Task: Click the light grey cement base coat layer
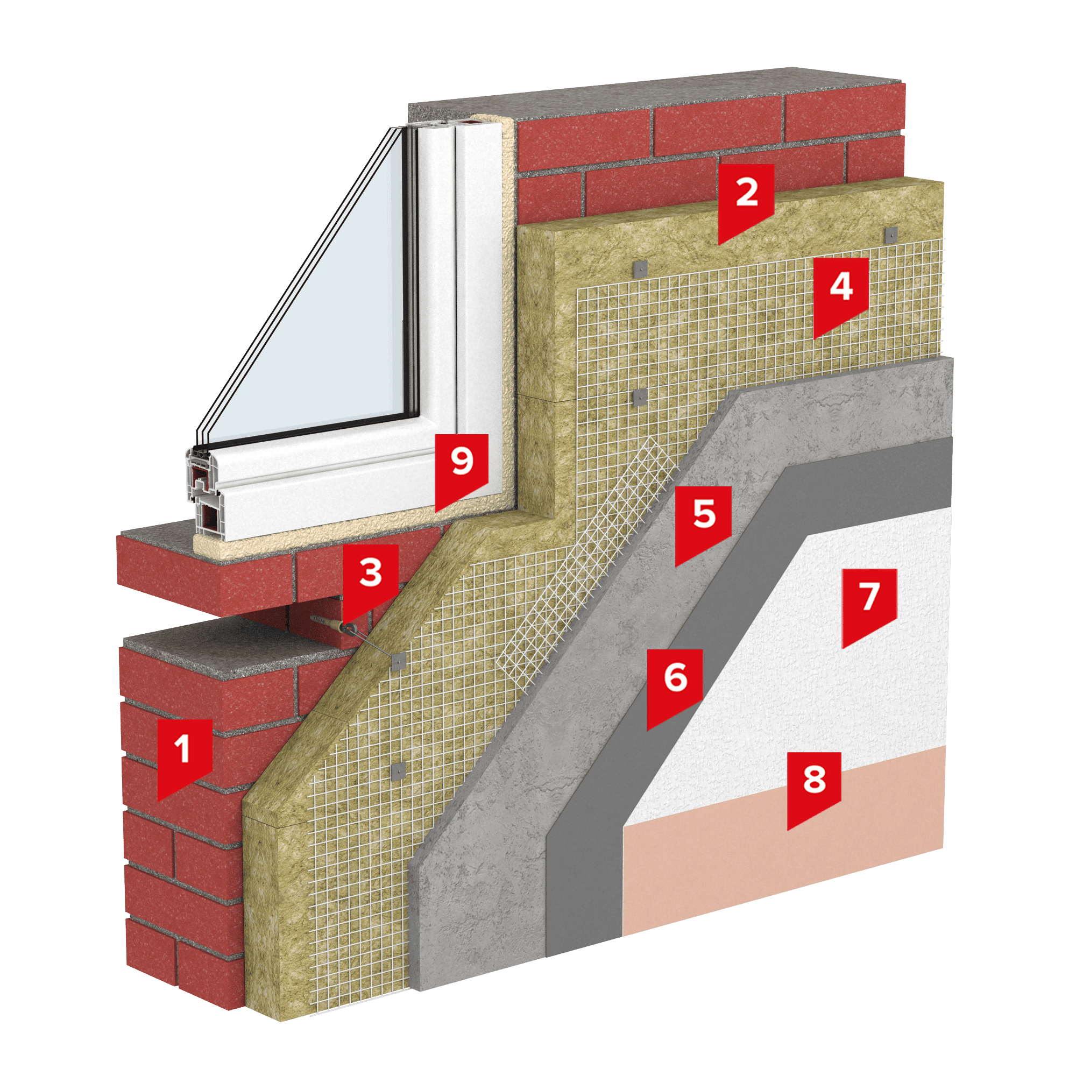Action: click(557, 696)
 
